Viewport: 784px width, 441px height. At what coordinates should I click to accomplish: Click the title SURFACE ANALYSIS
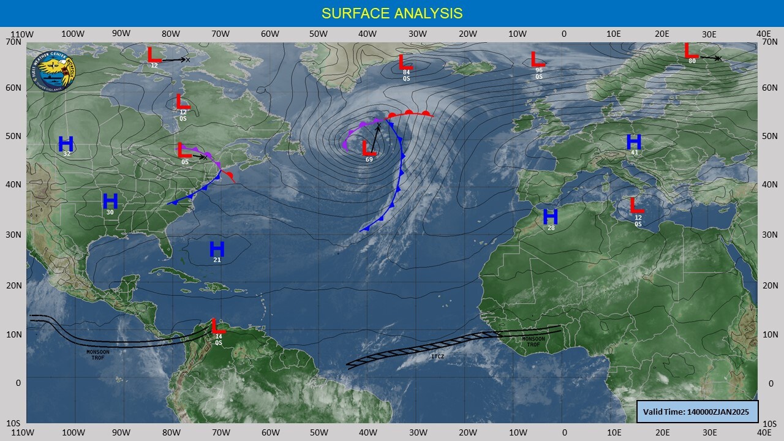(x=392, y=13)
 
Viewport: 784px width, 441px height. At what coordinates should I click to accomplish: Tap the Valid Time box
(x=698, y=411)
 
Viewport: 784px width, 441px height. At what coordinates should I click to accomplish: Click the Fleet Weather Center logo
(x=53, y=69)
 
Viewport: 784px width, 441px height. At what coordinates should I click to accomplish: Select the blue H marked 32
(x=66, y=144)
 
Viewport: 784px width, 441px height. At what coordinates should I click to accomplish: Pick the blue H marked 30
(x=110, y=201)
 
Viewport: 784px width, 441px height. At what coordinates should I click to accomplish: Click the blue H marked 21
(x=217, y=249)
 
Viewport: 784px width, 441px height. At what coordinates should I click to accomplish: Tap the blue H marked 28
(x=551, y=217)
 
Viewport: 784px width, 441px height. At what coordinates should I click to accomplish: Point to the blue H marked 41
(x=634, y=141)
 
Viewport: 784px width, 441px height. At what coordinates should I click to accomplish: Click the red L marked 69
(x=368, y=148)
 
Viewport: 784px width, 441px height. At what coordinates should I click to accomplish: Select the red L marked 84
(x=405, y=62)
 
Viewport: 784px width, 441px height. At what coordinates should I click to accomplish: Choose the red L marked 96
(x=538, y=59)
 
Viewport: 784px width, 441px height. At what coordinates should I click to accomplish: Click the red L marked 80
(x=691, y=50)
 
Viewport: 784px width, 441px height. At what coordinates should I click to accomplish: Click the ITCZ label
(x=437, y=356)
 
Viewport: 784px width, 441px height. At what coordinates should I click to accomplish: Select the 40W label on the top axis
(x=367, y=34)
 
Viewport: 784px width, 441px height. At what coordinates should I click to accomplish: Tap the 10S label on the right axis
(x=770, y=423)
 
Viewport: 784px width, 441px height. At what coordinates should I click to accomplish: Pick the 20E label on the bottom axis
(x=661, y=432)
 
